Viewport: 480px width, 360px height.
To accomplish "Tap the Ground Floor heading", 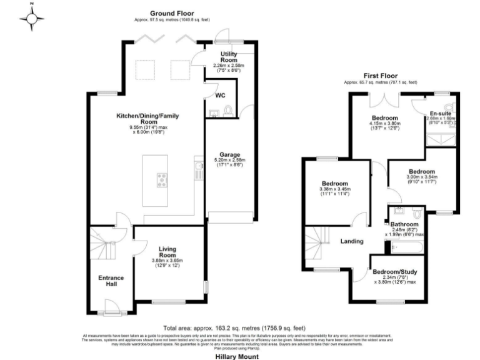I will click(172, 13).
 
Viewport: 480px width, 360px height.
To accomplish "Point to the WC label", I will click(220, 96).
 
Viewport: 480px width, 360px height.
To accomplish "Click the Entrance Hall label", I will click(111, 281).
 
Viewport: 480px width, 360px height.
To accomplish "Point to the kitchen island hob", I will click(162, 180).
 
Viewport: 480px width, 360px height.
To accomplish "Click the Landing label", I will click(352, 241).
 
